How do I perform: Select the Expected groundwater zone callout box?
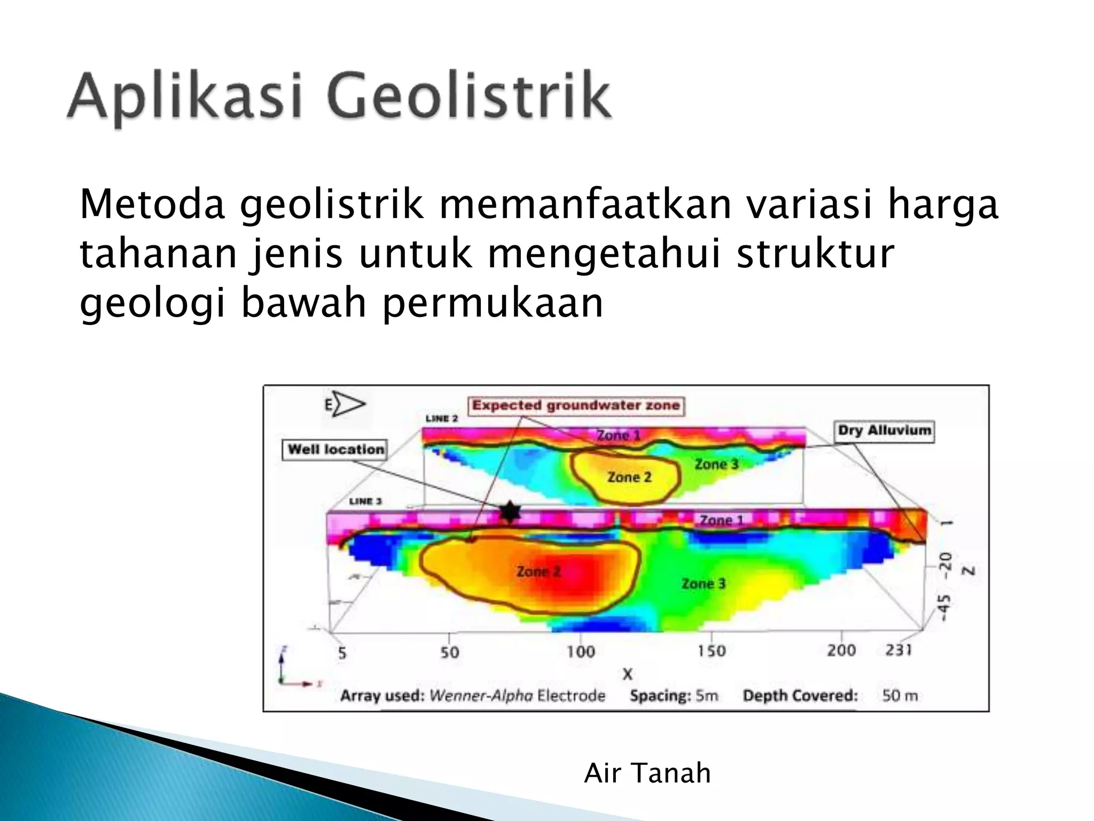576,406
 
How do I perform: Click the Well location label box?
335,450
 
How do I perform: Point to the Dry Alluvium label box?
884,431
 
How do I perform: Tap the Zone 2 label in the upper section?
629,477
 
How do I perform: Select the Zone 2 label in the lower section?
538,571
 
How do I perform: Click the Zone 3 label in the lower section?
704,584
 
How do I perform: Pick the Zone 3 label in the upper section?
716,464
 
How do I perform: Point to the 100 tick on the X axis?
581,652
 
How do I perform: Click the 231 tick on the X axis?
898,650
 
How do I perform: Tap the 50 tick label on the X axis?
449,652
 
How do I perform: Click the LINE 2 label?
441,419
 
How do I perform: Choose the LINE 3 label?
365,501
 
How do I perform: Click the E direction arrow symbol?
345,405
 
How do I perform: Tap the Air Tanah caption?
647,773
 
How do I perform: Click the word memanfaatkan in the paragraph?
584,205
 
